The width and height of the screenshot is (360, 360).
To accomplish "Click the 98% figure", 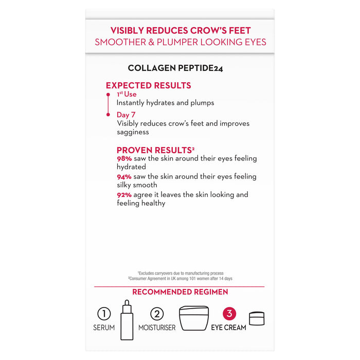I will pyautogui.click(x=125, y=159).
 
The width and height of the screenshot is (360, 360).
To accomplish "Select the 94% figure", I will pyautogui.click(x=125, y=177).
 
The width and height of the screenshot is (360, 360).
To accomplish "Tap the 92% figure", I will pyautogui.click(x=125, y=195).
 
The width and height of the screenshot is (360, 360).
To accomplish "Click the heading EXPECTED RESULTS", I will pyautogui.click(x=148, y=86).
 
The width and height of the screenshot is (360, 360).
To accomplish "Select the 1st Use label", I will pyautogui.click(x=126, y=95).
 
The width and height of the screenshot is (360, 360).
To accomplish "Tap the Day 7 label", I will pyautogui.click(x=126, y=115).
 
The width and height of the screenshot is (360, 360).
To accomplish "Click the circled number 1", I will pyautogui.click(x=104, y=314).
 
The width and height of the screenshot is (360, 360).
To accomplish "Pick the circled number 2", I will pyautogui.click(x=157, y=314).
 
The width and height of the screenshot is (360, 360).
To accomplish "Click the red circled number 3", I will pyautogui.click(x=229, y=314).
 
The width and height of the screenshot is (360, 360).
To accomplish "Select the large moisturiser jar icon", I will pyautogui.click(x=194, y=318).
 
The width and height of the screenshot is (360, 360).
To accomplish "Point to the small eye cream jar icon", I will pyautogui.click(x=257, y=318).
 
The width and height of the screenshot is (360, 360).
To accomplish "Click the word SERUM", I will pyautogui.click(x=104, y=328).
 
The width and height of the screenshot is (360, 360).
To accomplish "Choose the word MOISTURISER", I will pyautogui.click(x=157, y=328).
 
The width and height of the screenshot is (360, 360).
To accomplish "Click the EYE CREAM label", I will pyautogui.click(x=229, y=328).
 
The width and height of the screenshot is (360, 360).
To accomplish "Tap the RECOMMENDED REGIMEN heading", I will pyautogui.click(x=179, y=292).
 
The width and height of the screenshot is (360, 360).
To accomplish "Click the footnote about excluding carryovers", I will pyautogui.click(x=180, y=273).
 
